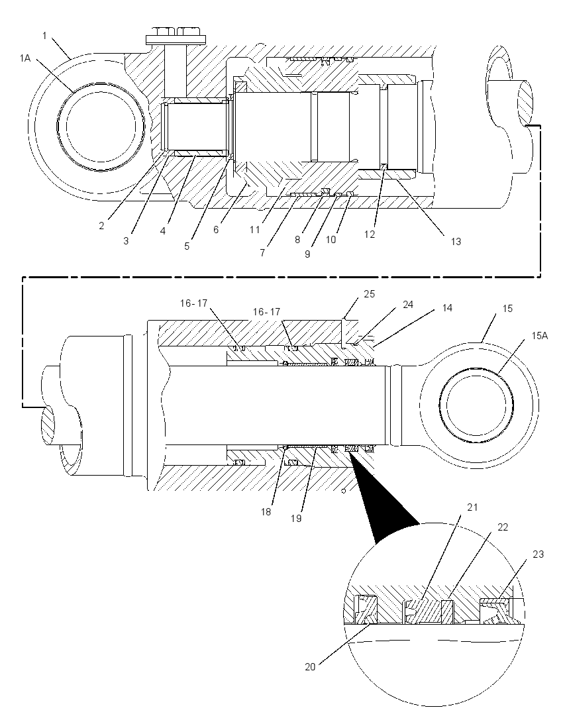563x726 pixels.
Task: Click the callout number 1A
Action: click(x=25, y=58)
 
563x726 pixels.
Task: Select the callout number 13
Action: click(x=456, y=241)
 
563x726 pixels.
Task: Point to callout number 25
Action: click(x=370, y=293)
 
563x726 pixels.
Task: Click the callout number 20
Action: click(x=310, y=667)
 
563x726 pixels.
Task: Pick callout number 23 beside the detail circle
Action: click(x=538, y=554)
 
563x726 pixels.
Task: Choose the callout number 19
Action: click(x=296, y=519)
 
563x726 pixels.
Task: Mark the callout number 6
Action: click(x=216, y=229)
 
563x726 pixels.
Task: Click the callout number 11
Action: click(x=255, y=229)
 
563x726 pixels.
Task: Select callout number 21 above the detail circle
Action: click(x=472, y=507)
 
